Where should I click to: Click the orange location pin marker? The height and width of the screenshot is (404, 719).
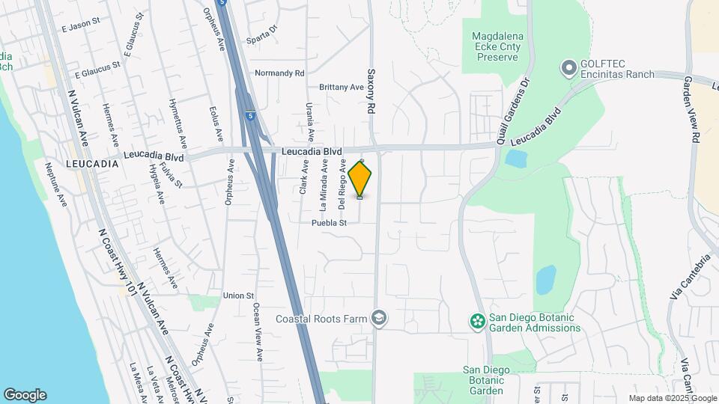coord(360,178)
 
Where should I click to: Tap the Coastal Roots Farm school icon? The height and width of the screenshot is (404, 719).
coord(380,319)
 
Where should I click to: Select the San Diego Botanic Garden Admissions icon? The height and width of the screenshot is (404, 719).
coord(476,322)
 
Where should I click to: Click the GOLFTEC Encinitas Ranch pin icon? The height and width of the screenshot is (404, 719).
coord(568,69)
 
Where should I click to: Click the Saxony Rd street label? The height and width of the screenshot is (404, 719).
coord(370,92)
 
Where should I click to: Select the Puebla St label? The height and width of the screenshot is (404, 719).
coord(330,223)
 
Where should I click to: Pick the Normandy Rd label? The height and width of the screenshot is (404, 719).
coord(279,73)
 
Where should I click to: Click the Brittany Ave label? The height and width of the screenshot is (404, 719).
coord(341,87)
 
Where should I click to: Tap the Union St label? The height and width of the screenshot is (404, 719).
coord(239,296)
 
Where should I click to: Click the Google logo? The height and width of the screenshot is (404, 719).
coord(25,395)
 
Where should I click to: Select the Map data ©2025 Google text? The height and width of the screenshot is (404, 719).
coord(671,398)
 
